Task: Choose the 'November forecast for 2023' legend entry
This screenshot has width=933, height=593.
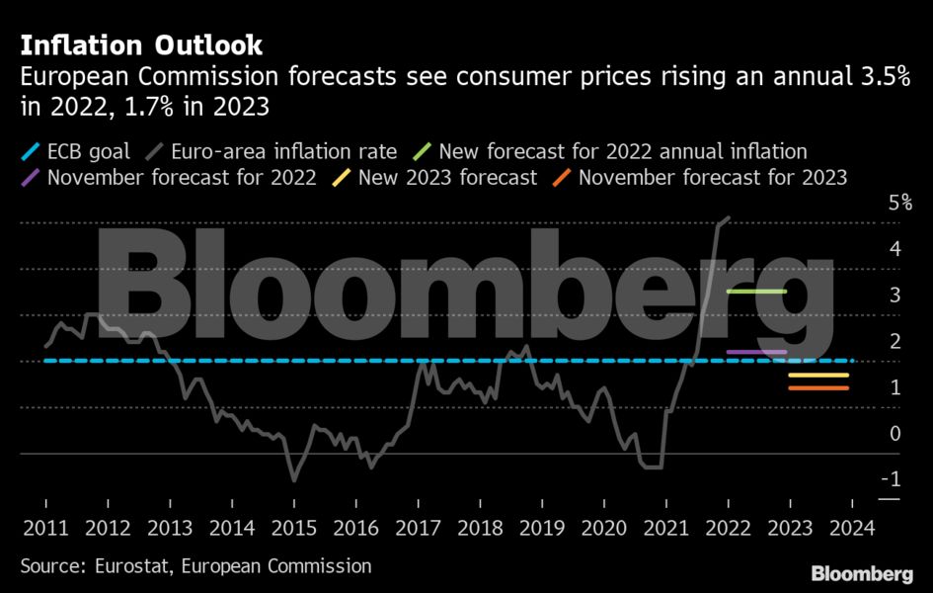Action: (x=712, y=178)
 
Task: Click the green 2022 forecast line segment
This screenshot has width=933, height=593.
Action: (x=756, y=292)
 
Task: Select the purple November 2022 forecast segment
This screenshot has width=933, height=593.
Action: (x=756, y=352)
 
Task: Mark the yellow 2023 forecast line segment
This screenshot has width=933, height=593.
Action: (x=818, y=376)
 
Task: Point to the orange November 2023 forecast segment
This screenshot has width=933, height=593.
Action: (x=818, y=387)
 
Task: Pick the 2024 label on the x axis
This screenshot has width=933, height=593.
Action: (x=852, y=527)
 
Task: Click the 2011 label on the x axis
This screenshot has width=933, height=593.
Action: (x=46, y=527)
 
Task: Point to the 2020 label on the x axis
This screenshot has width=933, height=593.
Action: (x=604, y=527)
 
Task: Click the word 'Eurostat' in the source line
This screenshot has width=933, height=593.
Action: (x=131, y=566)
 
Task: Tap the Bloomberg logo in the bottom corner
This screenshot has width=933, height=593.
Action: (x=862, y=574)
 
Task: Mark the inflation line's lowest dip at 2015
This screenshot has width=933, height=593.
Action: (x=293, y=480)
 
